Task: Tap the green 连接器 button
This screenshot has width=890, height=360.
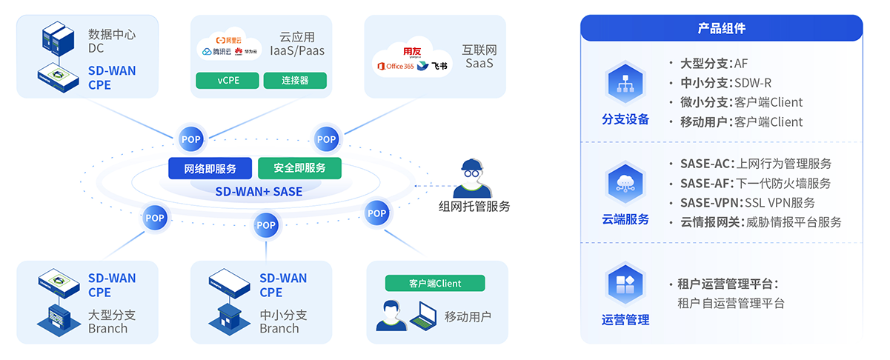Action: click(295, 80)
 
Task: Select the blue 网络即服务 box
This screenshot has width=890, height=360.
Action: click(210, 168)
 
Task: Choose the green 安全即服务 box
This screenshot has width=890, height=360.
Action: click(299, 168)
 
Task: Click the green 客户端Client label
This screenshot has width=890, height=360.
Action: click(434, 283)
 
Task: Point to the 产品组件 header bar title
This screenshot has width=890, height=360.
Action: click(721, 28)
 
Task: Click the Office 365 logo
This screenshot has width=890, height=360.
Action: click(396, 67)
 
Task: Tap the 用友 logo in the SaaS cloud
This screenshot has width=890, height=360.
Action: click(411, 51)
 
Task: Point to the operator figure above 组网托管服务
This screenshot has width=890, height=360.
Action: click(473, 177)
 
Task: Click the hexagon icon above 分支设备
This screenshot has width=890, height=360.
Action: click(625, 84)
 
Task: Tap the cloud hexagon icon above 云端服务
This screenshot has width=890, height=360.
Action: click(625, 184)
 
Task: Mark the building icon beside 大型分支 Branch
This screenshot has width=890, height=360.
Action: click(58, 317)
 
